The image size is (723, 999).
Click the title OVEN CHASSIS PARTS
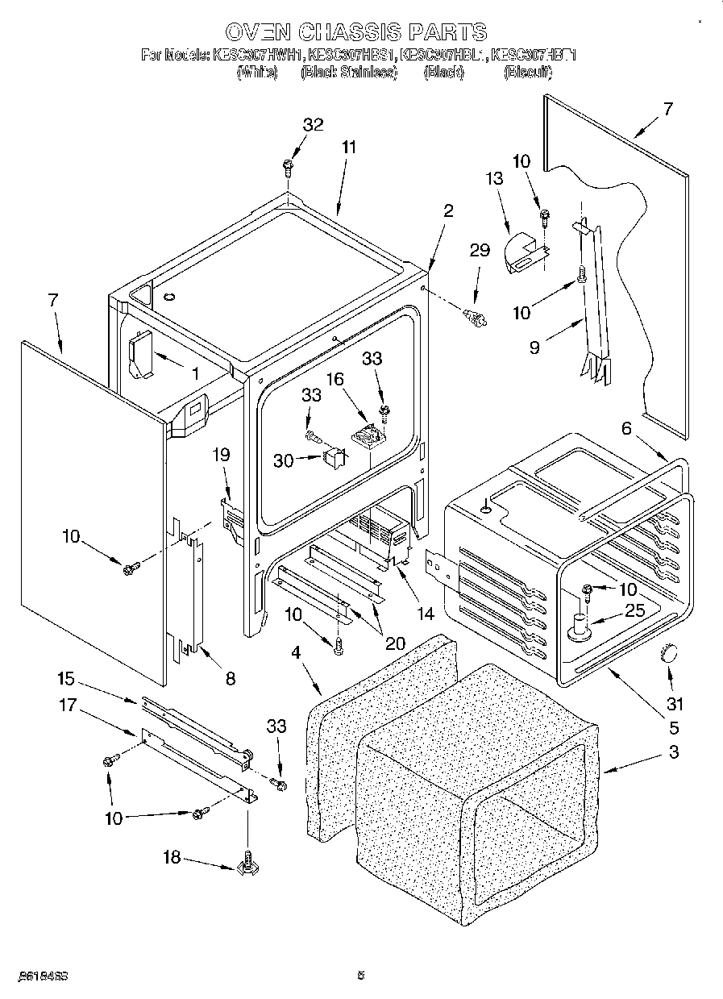click(355, 32)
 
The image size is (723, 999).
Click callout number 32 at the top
click(313, 124)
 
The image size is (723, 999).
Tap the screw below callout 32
click(288, 167)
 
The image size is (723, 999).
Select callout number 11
click(348, 148)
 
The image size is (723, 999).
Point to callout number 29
click(480, 251)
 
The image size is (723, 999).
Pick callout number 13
click(493, 179)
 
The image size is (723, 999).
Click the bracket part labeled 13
click(524, 252)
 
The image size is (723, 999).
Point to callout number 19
click(222, 455)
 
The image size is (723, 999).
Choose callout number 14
click(426, 614)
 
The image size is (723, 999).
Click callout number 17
click(67, 706)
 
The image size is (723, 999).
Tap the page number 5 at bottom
click(361, 976)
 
